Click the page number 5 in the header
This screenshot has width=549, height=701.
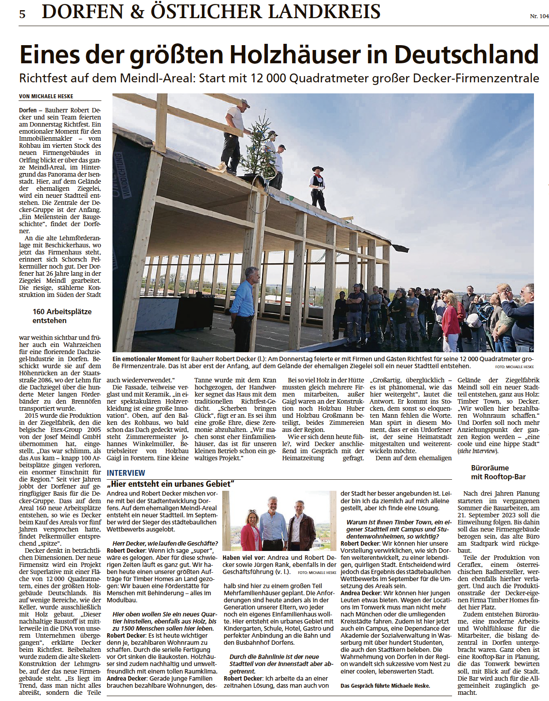point(23,14)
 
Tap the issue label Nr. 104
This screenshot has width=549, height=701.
point(539,16)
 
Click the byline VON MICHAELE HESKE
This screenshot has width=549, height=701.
point(46,96)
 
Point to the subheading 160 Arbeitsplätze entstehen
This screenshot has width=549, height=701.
point(62,316)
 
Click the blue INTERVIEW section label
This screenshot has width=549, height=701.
point(126,473)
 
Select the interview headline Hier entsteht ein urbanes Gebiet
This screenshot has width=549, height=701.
point(170,484)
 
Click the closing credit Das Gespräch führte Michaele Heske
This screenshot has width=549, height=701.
point(385,686)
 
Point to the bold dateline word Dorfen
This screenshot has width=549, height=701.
point(28,110)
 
